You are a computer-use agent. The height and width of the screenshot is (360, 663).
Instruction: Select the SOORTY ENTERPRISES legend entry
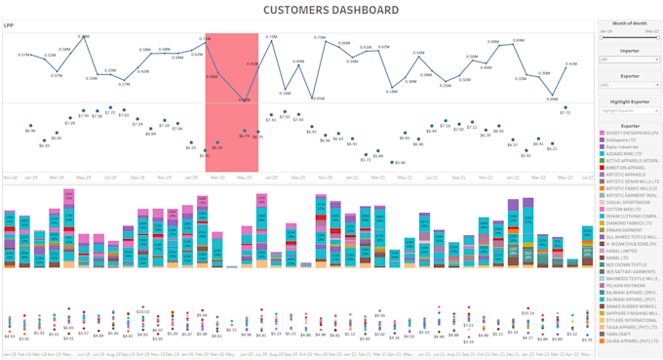(632, 132)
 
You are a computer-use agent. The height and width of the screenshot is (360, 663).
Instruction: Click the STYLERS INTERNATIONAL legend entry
(632, 319)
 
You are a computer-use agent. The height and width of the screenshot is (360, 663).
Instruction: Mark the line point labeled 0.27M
(124, 79)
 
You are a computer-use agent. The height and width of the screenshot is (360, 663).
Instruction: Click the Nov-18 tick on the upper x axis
(10, 178)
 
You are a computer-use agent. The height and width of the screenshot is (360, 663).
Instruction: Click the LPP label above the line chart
(9, 25)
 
